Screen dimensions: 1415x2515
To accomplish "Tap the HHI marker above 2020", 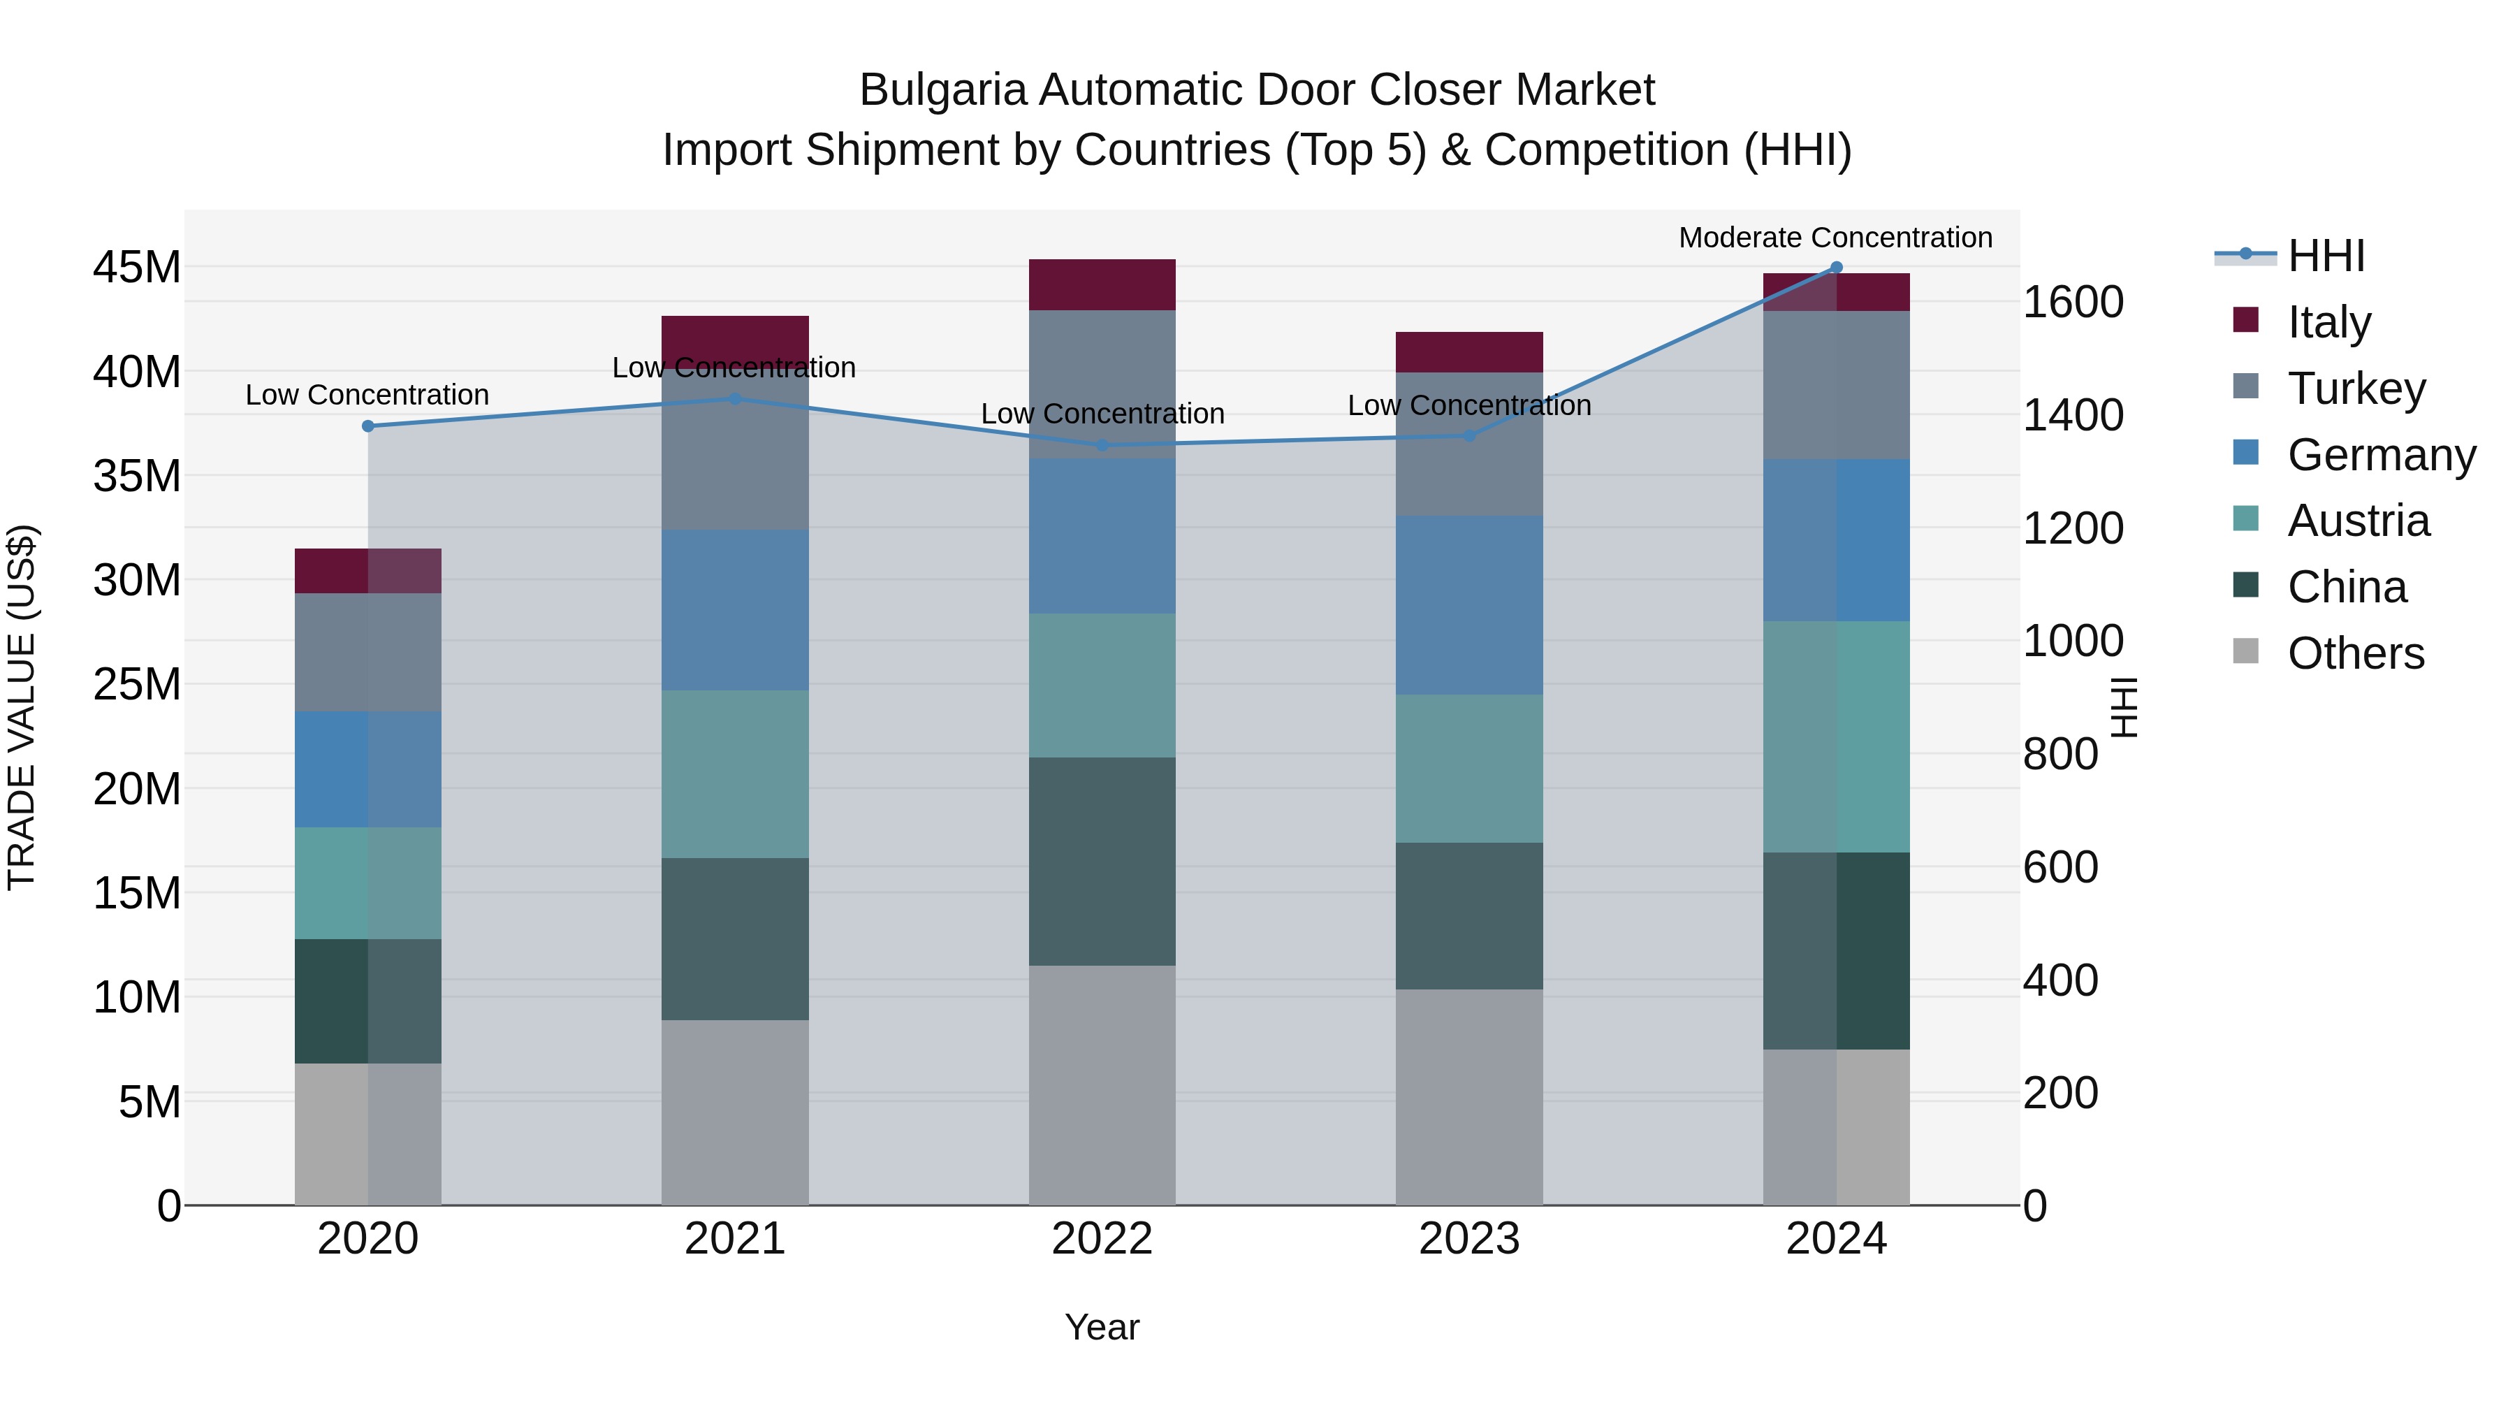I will click(x=368, y=426).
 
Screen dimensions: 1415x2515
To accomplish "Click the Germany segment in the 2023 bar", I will click(x=1468, y=605).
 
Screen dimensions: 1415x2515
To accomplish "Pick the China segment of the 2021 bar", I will click(x=734, y=939).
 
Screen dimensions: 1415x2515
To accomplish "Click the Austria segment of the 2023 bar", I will click(x=1468, y=769).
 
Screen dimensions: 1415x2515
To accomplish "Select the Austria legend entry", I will click(x=2357, y=521).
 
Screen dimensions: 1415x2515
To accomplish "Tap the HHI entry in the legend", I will click(x=2324, y=256).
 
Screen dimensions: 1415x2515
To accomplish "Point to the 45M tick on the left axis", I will click(x=137, y=268).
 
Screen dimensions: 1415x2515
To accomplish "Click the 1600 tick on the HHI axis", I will click(x=2072, y=302).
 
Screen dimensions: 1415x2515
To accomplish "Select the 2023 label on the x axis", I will click(x=1468, y=1239).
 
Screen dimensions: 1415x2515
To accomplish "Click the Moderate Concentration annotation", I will click(x=1835, y=238).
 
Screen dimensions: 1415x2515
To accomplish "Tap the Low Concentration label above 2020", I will click(x=367, y=395).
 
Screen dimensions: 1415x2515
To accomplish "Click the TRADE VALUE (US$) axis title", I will click(x=22, y=707).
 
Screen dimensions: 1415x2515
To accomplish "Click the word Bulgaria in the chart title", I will click(x=942, y=90).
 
